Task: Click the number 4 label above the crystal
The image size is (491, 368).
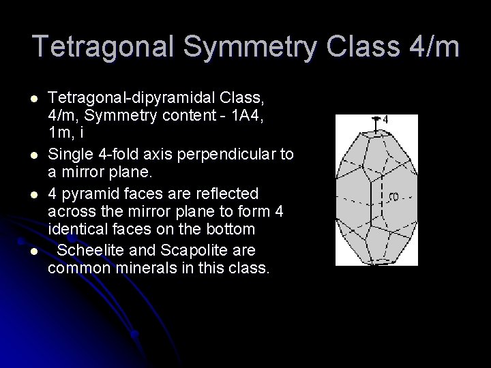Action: point(385,120)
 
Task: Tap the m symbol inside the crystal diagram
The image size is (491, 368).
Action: point(393,198)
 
